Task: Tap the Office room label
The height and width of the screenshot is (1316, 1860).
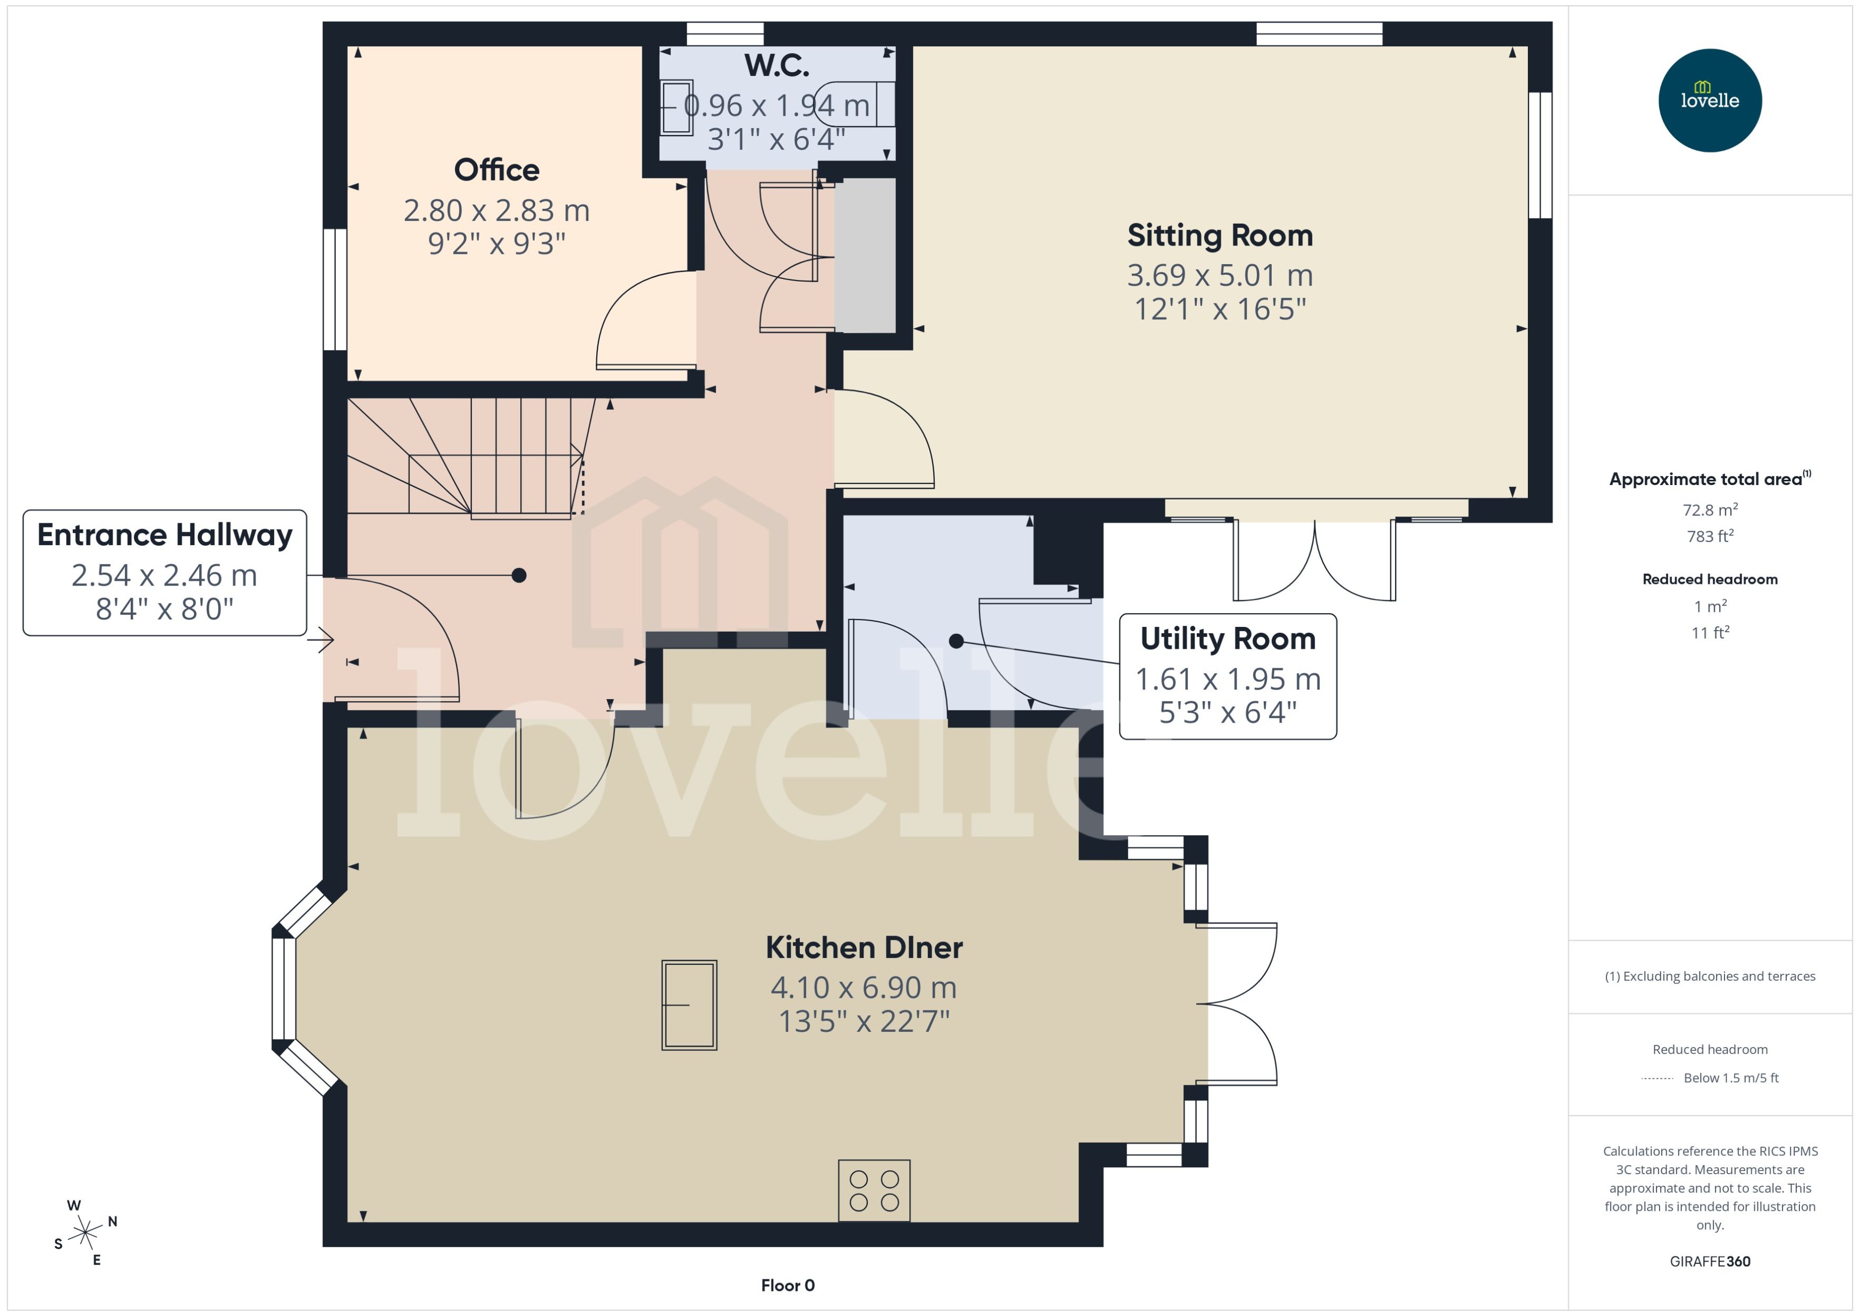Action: pos(496,170)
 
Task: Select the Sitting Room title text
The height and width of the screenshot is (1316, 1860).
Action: pos(1219,235)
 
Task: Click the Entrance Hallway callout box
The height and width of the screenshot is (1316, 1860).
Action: pos(165,572)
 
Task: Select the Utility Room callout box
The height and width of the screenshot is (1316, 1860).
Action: pos(1227,676)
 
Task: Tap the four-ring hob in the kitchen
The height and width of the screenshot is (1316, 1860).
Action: pos(874,1191)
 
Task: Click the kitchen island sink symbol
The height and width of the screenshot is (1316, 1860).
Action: pos(689,1005)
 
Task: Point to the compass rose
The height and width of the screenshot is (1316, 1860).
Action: pos(85,1233)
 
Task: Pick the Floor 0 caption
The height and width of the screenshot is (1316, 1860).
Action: pos(787,1285)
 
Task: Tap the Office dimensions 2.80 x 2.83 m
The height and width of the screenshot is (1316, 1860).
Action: pos(496,211)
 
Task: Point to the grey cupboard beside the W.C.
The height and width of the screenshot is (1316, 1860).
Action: pos(865,255)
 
